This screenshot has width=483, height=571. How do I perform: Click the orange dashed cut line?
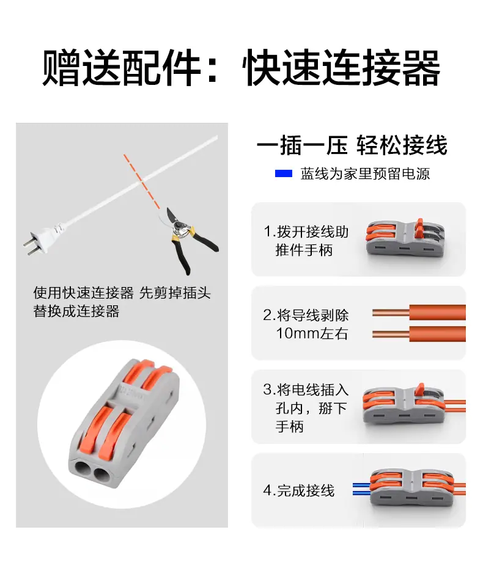(x=142, y=181)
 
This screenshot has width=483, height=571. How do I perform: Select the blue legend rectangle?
(x=283, y=173)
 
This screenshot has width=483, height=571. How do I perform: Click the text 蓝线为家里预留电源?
(x=365, y=173)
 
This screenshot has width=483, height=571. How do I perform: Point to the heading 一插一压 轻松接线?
(x=352, y=145)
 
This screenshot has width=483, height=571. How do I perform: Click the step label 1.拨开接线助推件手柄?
(x=306, y=241)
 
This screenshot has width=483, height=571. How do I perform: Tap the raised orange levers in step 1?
(x=420, y=228)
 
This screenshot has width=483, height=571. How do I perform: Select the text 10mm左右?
(x=312, y=333)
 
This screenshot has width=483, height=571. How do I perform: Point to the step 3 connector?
(x=404, y=406)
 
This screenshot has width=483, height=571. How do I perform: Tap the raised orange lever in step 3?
(x=420, y=390)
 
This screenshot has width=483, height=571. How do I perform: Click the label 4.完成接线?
(x=298, y=490)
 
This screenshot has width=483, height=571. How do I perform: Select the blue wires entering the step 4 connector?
(x=361, y=489)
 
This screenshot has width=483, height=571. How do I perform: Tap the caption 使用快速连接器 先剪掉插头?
(x=122, y=293)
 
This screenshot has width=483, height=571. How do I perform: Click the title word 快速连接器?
(x=341, y=68)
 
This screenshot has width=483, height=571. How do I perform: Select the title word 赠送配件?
(x=121, y=68)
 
